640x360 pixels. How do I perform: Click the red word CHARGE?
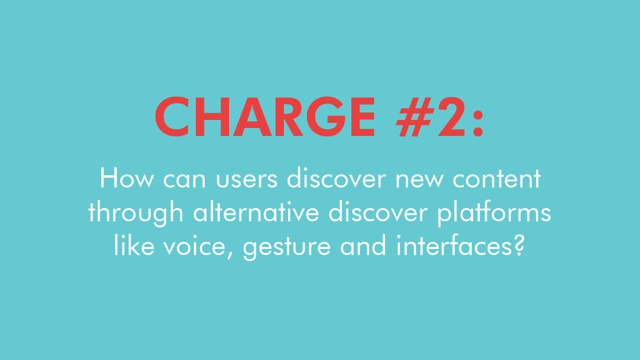click(265, 117)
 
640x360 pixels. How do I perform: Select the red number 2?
click(452, 117)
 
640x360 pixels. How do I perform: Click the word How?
click(127, 179)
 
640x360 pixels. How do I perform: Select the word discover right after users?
click(336, 178)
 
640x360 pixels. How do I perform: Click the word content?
click(497, 179)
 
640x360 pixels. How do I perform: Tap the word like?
click(134, 245)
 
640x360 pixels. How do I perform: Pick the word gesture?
click(287, 247)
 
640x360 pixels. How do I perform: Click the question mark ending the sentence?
click(518, 245)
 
